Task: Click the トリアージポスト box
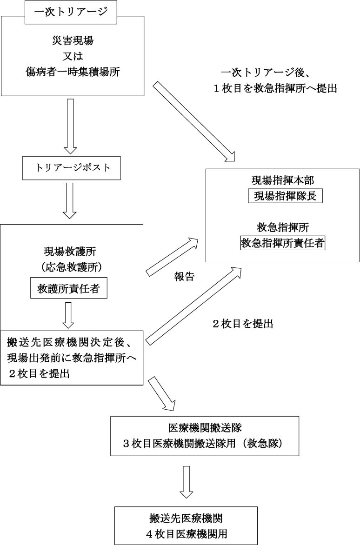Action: tap(72, 168)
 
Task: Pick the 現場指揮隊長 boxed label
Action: tap(285, 196)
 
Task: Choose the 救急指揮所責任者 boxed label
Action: tap(282, 242)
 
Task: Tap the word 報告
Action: tap(184, 277)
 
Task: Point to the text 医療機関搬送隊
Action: tap(205, 427)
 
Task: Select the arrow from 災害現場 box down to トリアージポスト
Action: tap(70, 126)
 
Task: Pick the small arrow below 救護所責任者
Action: tap(69, 315)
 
